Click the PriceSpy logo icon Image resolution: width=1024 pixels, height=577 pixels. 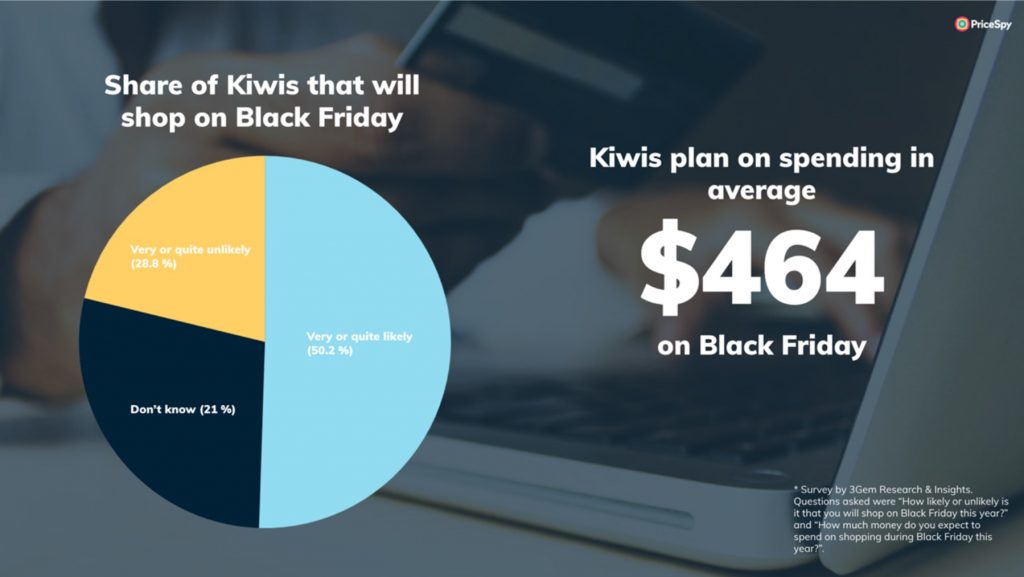click(x=961, y=24)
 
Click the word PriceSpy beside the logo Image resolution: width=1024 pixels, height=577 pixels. click(x=991, y=25)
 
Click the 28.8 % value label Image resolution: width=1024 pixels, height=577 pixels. click(x=153, y=264)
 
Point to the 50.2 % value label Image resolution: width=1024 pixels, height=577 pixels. click(x=330, y=351)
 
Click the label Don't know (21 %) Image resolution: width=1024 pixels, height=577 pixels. click(x=183, y=410)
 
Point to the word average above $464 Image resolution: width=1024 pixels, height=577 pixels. click(x=761, y=191)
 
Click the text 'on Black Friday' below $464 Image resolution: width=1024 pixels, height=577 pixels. click(x=761, y=345)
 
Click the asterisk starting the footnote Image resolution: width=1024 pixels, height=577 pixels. click(x=796, y=488)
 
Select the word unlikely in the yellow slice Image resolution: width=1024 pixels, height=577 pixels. click(x=228, y=250)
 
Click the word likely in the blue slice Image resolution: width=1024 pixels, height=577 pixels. click(x=396, y=337)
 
